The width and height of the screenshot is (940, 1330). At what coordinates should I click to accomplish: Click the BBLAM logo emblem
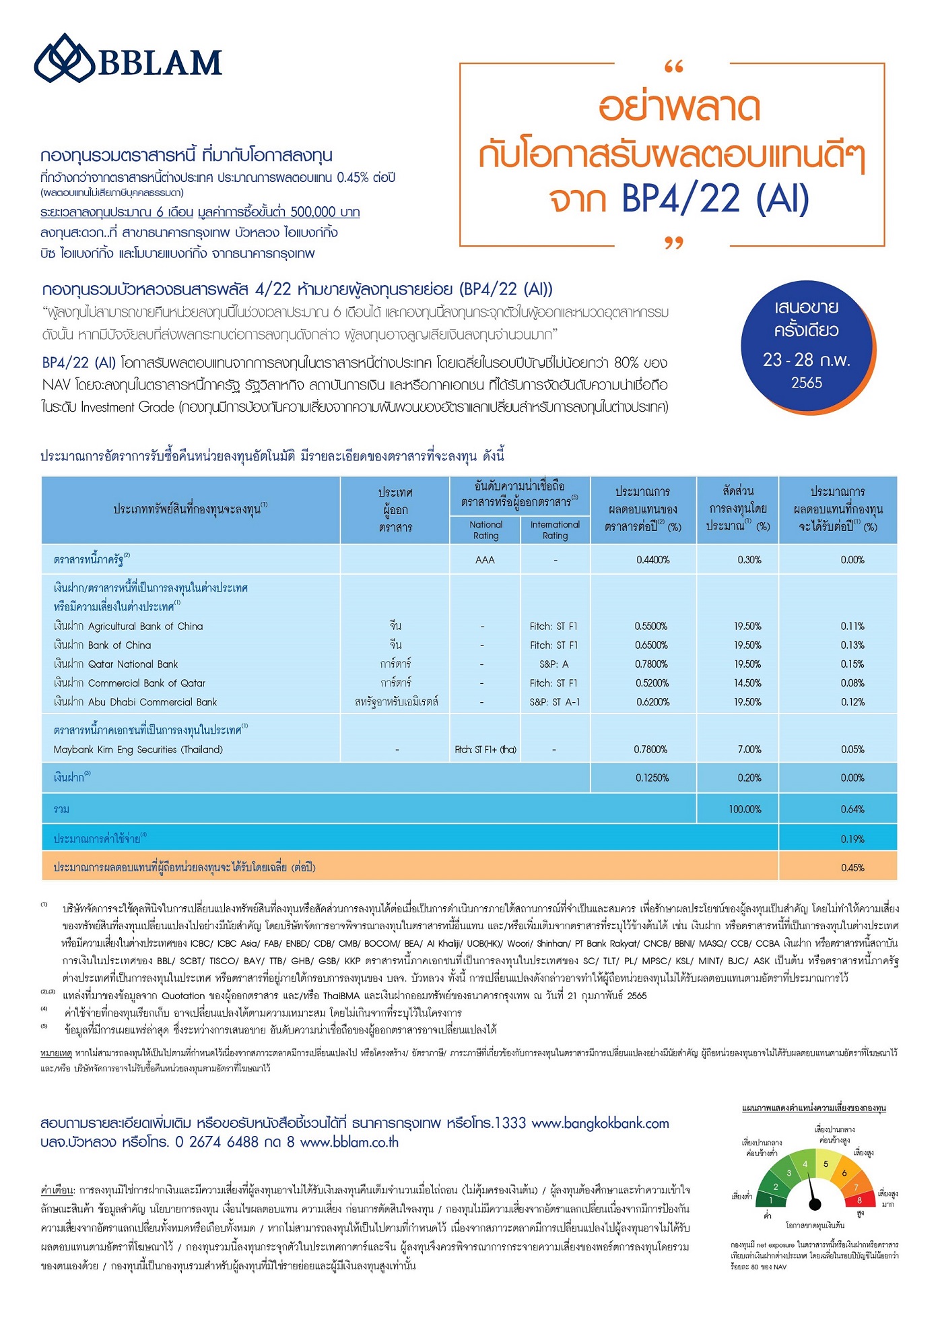65,59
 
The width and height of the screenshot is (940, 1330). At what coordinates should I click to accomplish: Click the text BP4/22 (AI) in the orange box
714,199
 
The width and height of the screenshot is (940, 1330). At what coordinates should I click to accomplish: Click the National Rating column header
485,530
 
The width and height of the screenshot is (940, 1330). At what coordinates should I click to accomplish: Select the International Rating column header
555,530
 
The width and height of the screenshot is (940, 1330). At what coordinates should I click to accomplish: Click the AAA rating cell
485,560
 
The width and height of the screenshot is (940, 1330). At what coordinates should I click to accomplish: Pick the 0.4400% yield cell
652,560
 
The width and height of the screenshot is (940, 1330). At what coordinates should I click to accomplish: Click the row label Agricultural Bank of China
128,627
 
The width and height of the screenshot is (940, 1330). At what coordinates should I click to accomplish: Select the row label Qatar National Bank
116,664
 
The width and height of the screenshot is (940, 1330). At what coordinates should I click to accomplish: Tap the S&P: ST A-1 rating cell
555,702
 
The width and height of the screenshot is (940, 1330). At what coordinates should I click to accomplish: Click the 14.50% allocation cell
747,683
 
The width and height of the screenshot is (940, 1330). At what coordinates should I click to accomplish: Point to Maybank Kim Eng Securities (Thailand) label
138,749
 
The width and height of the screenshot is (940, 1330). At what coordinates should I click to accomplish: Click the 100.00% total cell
745,809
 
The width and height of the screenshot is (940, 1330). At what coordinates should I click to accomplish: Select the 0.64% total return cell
852,809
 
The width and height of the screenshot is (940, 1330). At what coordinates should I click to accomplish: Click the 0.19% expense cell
852,840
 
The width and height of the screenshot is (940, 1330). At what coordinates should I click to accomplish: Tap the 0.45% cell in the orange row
852,868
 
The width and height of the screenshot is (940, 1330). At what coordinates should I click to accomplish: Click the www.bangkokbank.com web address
600,1123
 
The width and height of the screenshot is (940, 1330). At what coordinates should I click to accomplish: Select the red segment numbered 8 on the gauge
859,1200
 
